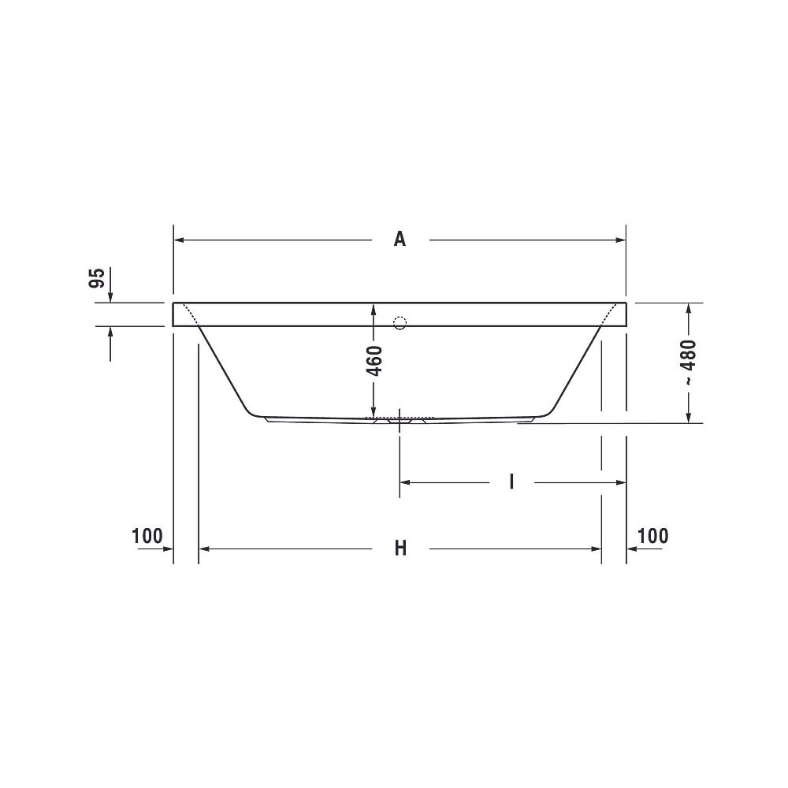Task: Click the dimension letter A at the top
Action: pos(400,240)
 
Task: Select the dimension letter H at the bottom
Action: pos(400,548)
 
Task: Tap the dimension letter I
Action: pos(511,482)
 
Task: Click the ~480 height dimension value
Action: pos(690,362)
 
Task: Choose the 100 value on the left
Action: pos(147,536)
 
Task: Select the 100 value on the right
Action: pos(652,536)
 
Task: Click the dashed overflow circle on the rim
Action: pos(400,322)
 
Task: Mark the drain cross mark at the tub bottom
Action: pos(400,421)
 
